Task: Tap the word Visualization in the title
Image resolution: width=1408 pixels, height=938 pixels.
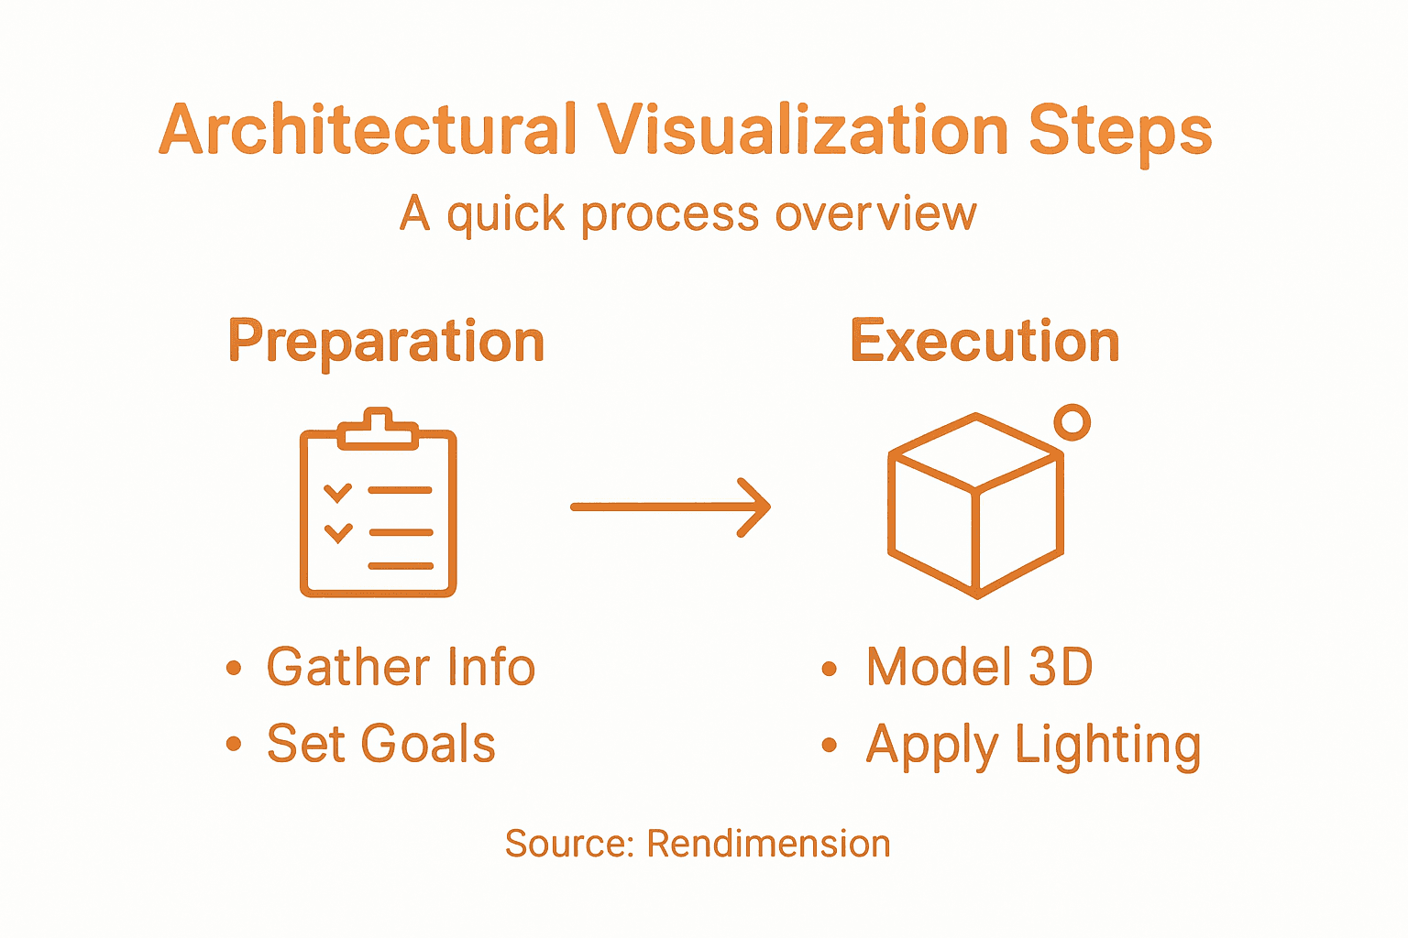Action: click(803, 130)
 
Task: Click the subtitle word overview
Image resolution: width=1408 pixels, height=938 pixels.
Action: click(875, 214)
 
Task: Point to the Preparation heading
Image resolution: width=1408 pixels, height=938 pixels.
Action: click(386, 343)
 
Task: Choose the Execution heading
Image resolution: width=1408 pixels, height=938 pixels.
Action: click(984, 342)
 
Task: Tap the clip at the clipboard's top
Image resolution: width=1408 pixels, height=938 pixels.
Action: click(378, 429)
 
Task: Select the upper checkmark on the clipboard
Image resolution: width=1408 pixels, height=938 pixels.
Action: click(337, 492)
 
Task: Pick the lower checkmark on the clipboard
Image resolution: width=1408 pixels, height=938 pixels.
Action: click(338, 532)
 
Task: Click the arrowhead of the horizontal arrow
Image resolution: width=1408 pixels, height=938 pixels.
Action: click(756, 507)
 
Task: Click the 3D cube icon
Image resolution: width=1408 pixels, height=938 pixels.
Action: click(975, 507)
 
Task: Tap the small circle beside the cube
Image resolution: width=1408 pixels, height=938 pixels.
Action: click(1072, 422)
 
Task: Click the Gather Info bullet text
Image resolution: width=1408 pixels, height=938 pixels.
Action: click(401, 667)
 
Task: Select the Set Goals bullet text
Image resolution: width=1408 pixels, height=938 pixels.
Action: click(380, 743)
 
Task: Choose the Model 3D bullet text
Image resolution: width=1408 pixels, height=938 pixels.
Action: click(979, 667)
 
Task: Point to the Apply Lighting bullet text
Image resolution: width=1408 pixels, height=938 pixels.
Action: click(1033, 745)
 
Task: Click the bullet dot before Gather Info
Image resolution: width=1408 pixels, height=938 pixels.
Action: click(234, 668)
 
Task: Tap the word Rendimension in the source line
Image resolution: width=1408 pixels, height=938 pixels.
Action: click(768, 844)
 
